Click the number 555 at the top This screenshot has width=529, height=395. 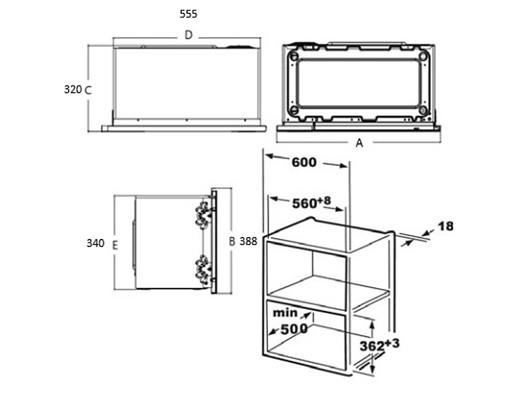pos(188,14)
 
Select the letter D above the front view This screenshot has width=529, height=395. pos(188,35)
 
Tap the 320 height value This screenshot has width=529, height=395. pos(73,89)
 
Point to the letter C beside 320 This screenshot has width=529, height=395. pos(87,90)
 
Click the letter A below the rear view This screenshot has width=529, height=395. pos(359,143)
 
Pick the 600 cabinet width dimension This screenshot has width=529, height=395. pos(304,162)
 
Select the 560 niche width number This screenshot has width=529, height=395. pos(304,203)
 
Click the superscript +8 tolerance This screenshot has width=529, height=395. pos(324,201)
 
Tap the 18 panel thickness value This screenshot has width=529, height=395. pos(446,226)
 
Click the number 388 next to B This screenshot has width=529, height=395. pos(248,241)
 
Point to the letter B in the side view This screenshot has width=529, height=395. pos(232,242)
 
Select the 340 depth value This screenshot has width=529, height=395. pos(96,243)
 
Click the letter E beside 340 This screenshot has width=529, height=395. pos(115,245)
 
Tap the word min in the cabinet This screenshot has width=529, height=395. pos(285,313)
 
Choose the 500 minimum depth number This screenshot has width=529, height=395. pos(294,329)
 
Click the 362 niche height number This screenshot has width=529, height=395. pos(372,346)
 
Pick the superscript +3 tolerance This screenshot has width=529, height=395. pos(392,343)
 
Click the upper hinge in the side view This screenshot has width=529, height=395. pos(203,214)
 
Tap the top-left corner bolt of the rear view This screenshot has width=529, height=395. pos(294,57)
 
